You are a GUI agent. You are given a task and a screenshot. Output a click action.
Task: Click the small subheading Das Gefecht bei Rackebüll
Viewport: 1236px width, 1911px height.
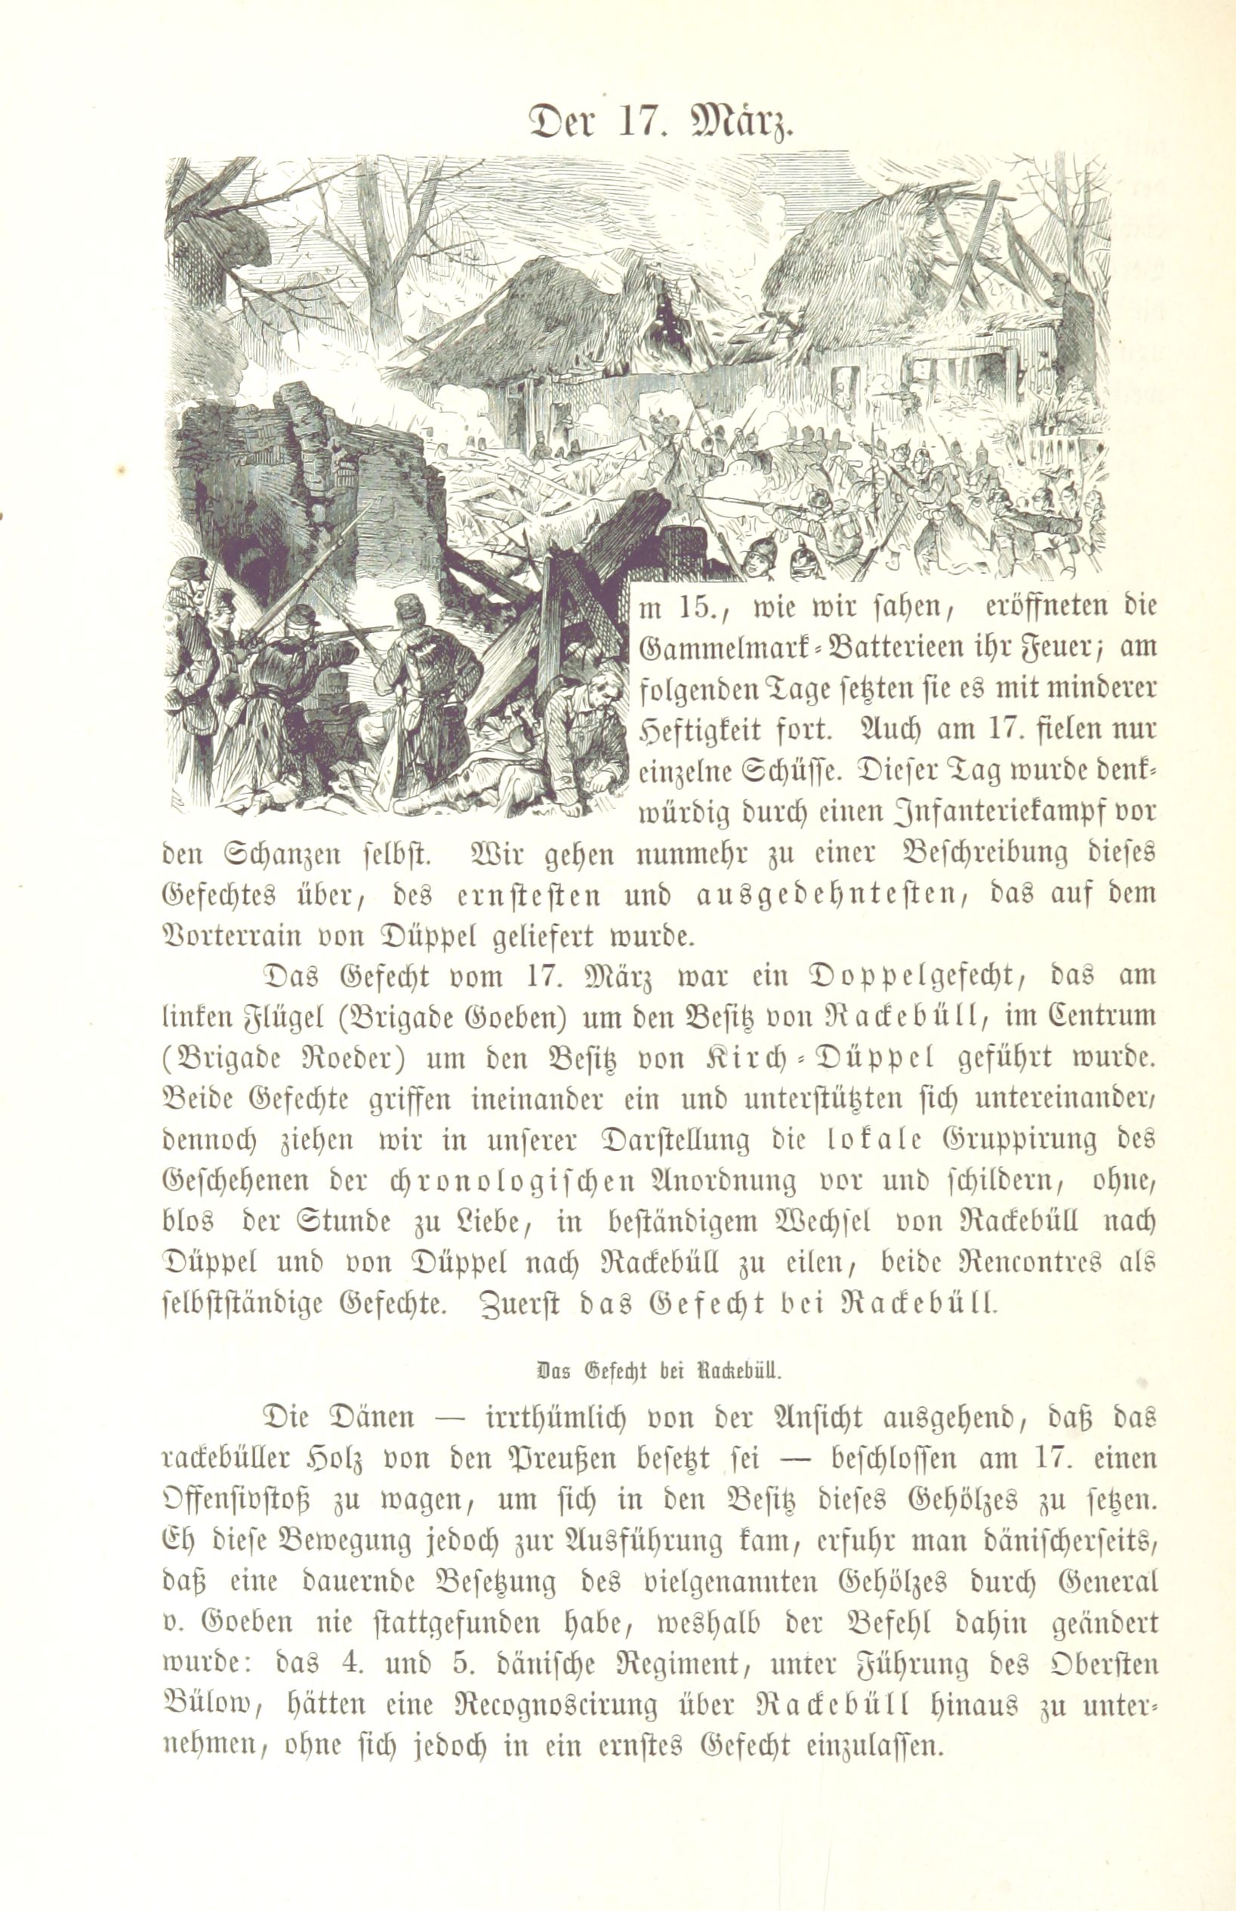pos(658,1371)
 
